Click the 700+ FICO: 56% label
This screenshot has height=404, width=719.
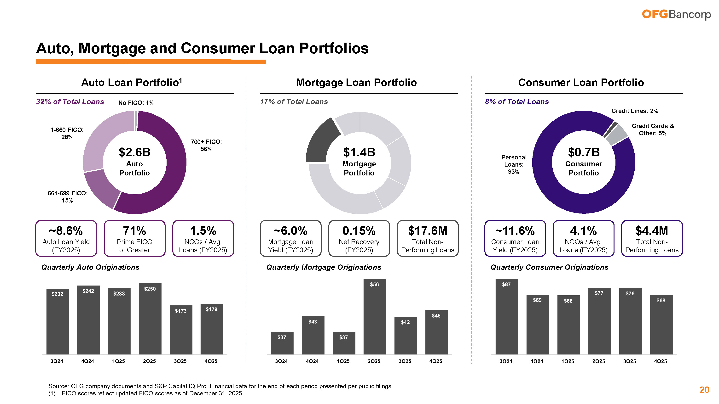click(x=206, y=145)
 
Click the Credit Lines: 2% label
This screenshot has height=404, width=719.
click(x=634, y=111)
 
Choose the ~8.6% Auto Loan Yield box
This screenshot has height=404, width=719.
click(x=66, y=238)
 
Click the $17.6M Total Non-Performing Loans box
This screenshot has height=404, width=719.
click(x=427, y=238)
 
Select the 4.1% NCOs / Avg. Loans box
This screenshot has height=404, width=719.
click(x=583, y=238)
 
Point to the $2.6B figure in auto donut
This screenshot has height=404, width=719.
click(x=134, y=152)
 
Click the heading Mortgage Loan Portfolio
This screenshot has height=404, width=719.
click(x=356, y=83)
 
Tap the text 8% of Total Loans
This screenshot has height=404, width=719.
click(x=517, y=102)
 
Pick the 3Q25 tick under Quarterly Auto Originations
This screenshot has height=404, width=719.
click(x=180, y=361)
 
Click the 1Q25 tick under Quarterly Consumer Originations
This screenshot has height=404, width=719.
click(x=568, y=361)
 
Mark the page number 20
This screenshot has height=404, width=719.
click(x=704, y=390)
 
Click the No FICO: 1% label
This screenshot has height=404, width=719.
click(x=136, y=103)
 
